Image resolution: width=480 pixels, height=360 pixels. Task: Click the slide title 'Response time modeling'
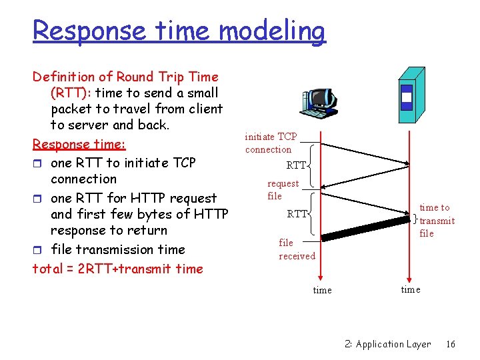coord(179,31)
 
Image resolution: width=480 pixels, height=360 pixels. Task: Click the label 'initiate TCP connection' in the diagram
coord(271,143)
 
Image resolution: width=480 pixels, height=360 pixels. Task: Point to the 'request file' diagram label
coord(283,189)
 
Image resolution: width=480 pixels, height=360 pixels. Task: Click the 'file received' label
coord(297,249)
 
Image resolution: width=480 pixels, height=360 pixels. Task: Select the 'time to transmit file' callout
coord(437,221)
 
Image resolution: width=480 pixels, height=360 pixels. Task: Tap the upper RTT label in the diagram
coord(296,165)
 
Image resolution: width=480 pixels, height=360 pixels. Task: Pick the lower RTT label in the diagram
coord(297,214)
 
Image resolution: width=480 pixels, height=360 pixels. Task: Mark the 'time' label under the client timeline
coord(322,290)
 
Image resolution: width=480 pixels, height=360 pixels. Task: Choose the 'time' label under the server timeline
coord(410,289)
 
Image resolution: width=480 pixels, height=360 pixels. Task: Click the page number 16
coord(451,344)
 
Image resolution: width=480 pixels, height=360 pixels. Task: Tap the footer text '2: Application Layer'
coord(387,344)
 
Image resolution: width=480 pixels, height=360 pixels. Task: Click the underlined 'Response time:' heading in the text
coord(79,144)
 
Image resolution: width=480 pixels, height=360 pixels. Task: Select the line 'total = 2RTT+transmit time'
coord(117,269)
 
